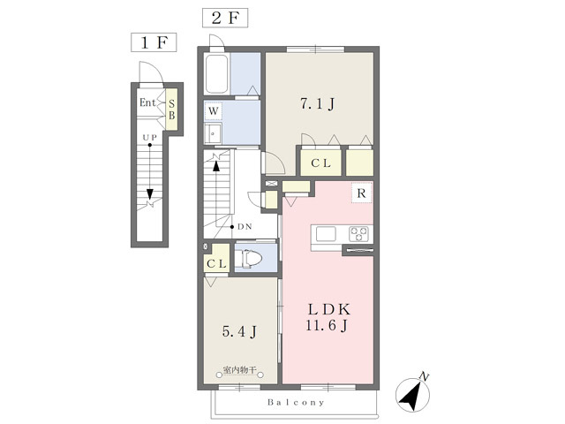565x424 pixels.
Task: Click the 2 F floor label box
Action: [x=225, y=18]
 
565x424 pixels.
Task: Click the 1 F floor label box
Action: [x=154, y=42]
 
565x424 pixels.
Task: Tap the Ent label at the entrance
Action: [x=147, y=102]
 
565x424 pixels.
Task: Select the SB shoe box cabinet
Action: [x=171, y=110]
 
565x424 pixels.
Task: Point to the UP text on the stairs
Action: [x=149, y=138]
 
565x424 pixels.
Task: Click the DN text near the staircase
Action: [x=245, y=227]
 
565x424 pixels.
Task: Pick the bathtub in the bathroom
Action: [x=216, y=74]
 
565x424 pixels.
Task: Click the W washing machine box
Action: [x=214, y=111]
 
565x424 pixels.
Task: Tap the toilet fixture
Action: [x=248, y=259]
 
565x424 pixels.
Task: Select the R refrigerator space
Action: [x=361, y=193]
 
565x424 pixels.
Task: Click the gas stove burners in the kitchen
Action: [x=358, y=233]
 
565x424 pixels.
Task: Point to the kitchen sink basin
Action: [x=326, y=234]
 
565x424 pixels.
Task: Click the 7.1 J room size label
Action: [x=318, y=104]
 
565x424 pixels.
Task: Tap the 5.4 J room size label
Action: [x=239, y=331]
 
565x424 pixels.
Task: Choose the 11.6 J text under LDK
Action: [x=327, y=326]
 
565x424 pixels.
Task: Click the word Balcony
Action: [x=296, y=402]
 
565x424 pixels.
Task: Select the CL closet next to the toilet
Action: [x=216, y=259]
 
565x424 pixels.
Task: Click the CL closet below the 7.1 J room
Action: [x=320, y=163]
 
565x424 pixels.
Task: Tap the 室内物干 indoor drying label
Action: [x=239, y=369]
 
